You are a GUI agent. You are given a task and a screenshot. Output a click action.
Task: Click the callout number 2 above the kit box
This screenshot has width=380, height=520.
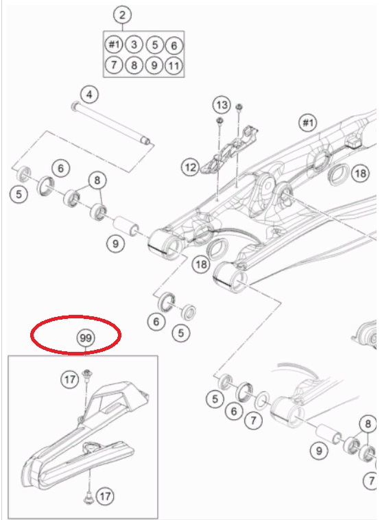pyautogui.click(x=122, y=15)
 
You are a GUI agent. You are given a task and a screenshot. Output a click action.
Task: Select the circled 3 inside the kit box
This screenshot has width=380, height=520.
pyautogui.click(x=134, y=45)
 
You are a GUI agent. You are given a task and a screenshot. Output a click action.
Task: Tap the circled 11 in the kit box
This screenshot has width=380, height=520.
pyautogui.click(x=174, y=66)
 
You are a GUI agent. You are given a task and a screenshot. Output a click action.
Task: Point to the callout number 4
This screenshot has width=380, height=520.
pyautogui.click(x=90, y=95)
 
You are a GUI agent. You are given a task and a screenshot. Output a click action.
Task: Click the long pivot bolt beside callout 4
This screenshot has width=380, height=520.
pyautogui.click(x=110, y=123)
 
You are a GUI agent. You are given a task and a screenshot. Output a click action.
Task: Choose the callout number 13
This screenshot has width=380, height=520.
pyautogui.click(x=222, y=105)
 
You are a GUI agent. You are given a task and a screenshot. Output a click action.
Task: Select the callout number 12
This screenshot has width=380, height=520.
pyautogui.click(x=190, y=167)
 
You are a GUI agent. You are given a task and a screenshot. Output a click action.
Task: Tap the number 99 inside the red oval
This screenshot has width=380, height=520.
pyautogui.click(x=86, y=338)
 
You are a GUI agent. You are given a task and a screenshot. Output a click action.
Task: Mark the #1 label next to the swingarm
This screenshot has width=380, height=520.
pyautogui.click(x=308, y=123)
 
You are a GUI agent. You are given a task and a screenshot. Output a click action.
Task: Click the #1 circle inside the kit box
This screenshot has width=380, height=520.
pyautogui.click(x=114, y=45)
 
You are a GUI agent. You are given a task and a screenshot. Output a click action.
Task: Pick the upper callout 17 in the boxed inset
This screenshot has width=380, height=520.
pyautogui.click(x=70, y=379)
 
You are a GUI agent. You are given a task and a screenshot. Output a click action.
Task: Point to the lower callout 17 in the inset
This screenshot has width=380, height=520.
pyautogui.click(x=105, y=497)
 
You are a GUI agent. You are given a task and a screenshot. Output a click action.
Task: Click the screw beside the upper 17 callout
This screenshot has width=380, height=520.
pyautogui.click(x=87, y=375)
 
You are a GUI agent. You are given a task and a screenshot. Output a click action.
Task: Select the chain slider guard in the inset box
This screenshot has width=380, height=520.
pyautogui.click(x=83, y=438)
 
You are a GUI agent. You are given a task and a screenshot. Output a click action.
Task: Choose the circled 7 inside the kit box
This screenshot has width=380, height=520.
pyautogui.click(x=114, y=64)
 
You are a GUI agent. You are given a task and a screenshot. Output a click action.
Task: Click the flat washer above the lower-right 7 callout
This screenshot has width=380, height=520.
pyautogui.click(x=262, y=400)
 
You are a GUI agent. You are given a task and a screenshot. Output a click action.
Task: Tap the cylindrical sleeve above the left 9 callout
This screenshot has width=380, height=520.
pyautogui.click(x=126, y=226)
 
